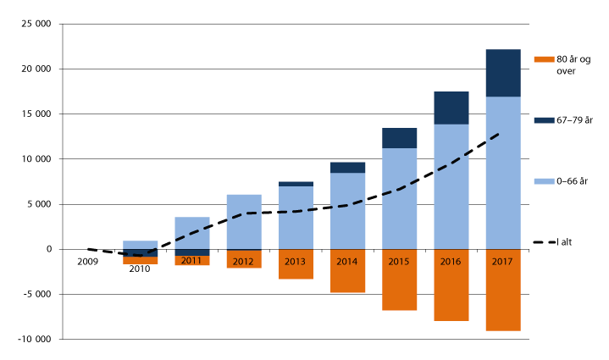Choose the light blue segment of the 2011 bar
coord(192,232)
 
